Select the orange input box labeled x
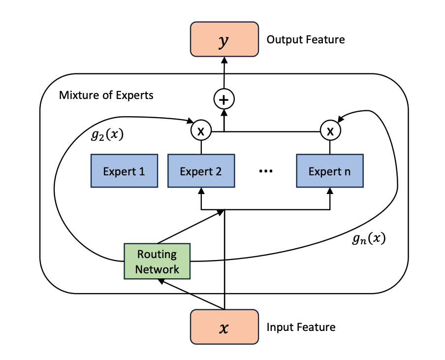[224, 327]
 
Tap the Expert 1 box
[124, 171]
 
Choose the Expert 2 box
[201, 171]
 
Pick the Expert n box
[329, 171]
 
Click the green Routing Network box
[157, 262]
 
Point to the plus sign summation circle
[224, 100]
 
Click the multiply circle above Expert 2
[201, 131]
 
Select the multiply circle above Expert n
[330, 131]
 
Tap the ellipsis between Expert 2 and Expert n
[265, 171]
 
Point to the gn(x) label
[369, 239]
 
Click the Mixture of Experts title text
[106, 95]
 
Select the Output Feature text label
[305, 39]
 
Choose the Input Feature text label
[301, 327]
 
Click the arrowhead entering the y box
[224, 60]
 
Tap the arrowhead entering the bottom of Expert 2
[201, 191]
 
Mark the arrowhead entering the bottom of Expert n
[330, 191]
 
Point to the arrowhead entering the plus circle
[224, 112]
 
